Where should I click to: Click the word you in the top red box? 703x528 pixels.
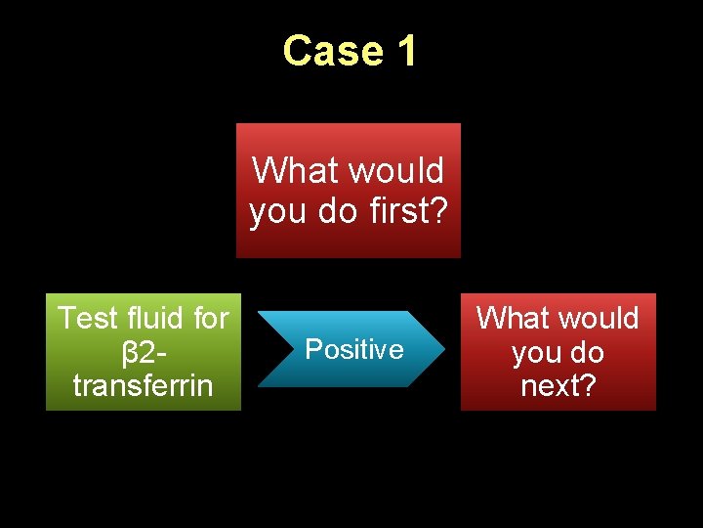pyautogui.click(x=274, y=210)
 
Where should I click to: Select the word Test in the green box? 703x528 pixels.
pyautogui.click(x=86, y=319)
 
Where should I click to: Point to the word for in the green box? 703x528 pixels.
pyautogui.click(x=209, y=319)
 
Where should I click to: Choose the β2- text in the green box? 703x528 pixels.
pyautogui.click(x=143, y=352)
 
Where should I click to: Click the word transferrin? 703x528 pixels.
pyautogui.click(x=143, y=385)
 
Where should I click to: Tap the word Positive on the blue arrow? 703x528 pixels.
pyautogui.click(x=353, y=350)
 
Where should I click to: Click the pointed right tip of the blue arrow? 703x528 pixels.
pyautogui.click(x=443, y=348)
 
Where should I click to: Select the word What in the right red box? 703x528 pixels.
pyautogui.click(x=510, y=319)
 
